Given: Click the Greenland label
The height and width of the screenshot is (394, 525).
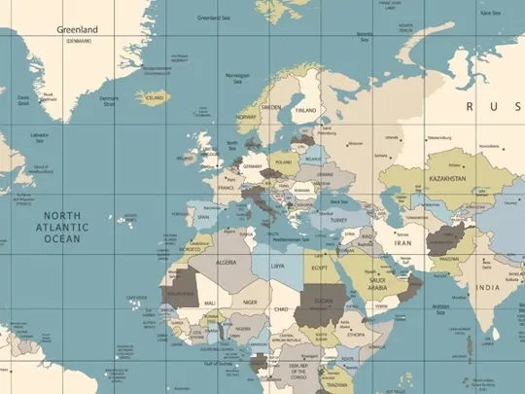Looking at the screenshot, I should tap(78, 30).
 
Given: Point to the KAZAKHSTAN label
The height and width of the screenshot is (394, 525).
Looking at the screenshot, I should tap(441, 180).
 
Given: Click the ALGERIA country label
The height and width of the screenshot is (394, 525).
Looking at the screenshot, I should tap(226, 263).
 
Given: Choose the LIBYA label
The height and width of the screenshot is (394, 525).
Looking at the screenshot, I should tap(278, 265).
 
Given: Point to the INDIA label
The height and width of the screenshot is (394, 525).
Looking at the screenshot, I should tap(486, 288).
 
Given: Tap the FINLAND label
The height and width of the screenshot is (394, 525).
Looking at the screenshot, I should tap(306, 110).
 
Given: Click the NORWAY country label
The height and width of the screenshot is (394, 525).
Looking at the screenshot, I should tap(246, 117).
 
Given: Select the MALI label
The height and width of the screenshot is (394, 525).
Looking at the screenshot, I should tap(209, 304).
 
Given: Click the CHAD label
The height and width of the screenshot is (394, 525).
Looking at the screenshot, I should tap(282, 308).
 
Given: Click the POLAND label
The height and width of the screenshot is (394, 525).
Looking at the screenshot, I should tap(283, 162).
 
